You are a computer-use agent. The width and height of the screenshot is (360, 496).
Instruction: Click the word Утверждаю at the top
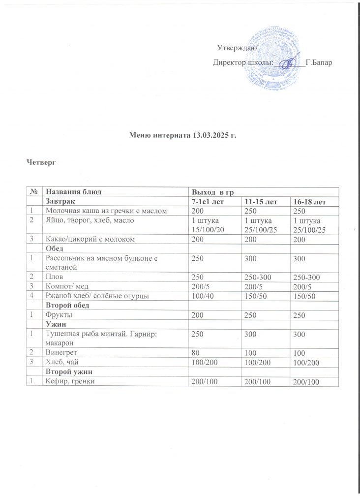tap(235, 48)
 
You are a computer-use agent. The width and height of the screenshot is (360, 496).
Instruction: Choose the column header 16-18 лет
tap(308, 202)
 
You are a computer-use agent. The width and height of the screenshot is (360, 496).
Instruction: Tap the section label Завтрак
tap(61, 202)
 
